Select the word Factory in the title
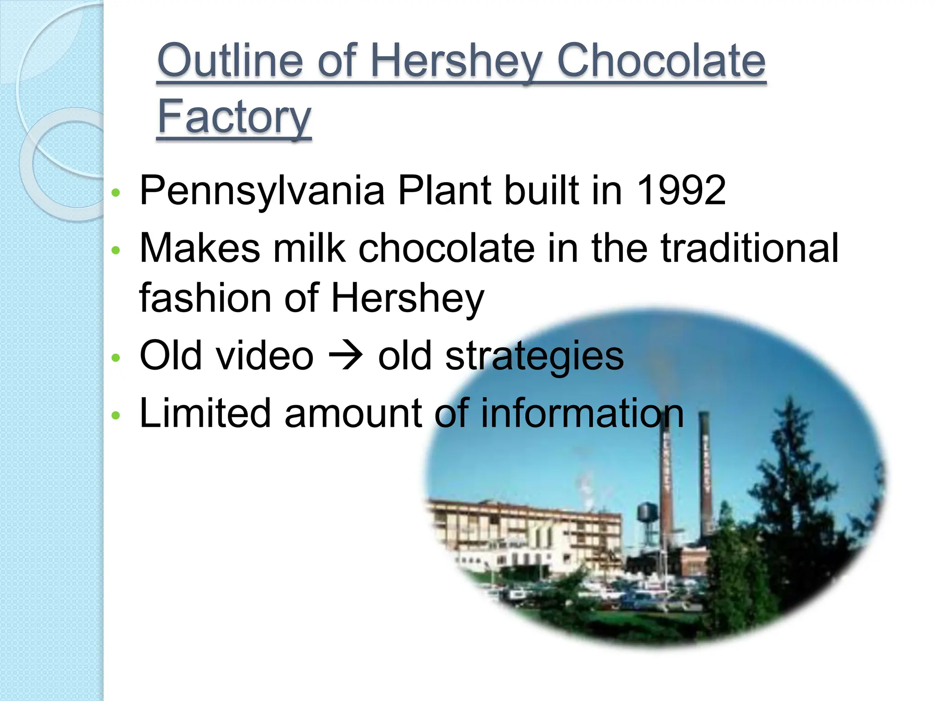point(234,117)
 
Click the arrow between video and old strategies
point(346,356)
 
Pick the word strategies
point(534,357)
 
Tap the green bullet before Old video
point(116,357)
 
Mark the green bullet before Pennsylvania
point(116,193)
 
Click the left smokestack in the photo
point(667,484)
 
